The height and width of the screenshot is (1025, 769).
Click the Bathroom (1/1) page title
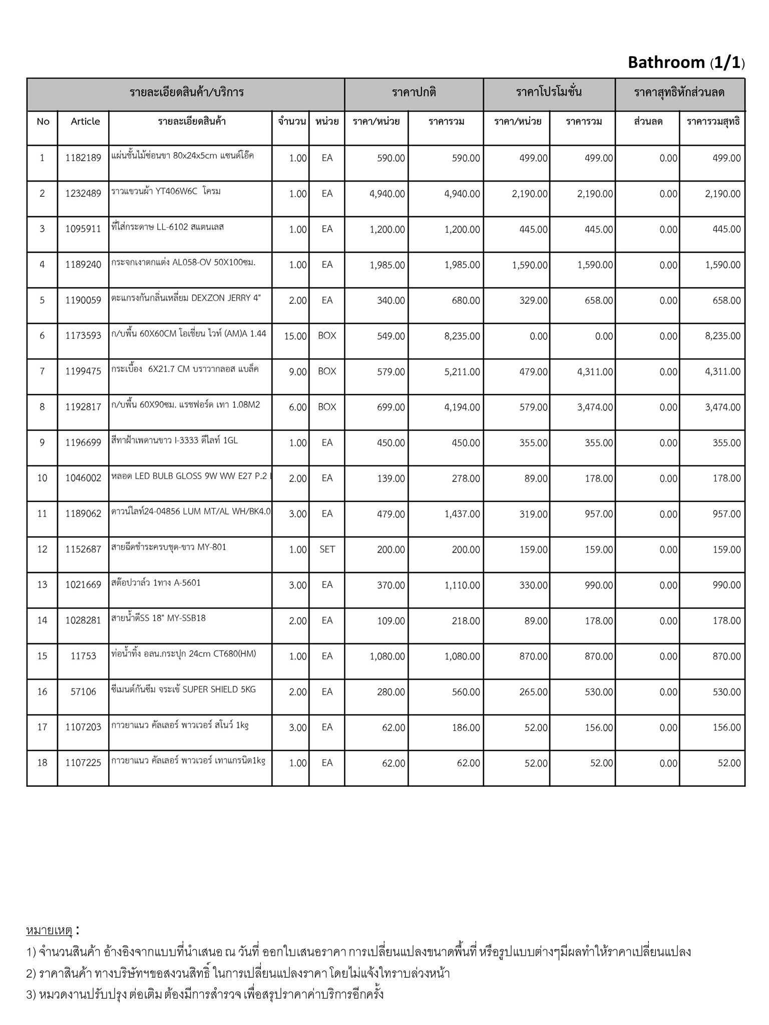pos(686,63)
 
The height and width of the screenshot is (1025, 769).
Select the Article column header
pos(85,122)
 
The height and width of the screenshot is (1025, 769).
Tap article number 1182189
pos(83,158)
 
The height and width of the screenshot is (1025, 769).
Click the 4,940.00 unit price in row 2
pos(387,194)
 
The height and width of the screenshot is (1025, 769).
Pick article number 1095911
pos(83,229)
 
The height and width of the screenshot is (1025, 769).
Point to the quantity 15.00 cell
pos(295,336)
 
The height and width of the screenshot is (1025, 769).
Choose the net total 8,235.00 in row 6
pos(722,336)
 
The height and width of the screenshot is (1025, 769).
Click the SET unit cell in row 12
pos(327,550)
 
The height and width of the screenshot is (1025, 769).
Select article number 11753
pos(83,656)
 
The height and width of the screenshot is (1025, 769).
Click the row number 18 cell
pos(42,763)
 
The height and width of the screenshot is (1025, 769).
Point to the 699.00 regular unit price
pos(391,407)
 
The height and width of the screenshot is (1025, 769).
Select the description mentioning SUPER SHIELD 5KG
pos(184,690)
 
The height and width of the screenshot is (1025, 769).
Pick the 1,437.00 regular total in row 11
pos(462,514)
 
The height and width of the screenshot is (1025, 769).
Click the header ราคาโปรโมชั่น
pos(549,93)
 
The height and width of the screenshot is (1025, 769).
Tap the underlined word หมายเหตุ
pos(49,930)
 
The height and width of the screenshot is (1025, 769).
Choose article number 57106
pos(83,692)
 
